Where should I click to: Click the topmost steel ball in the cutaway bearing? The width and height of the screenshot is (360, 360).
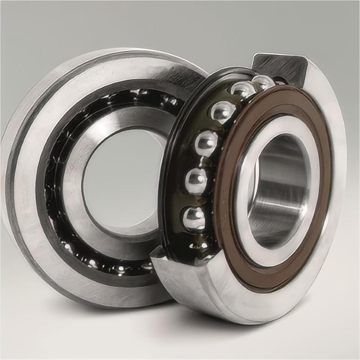tap(263, 82)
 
